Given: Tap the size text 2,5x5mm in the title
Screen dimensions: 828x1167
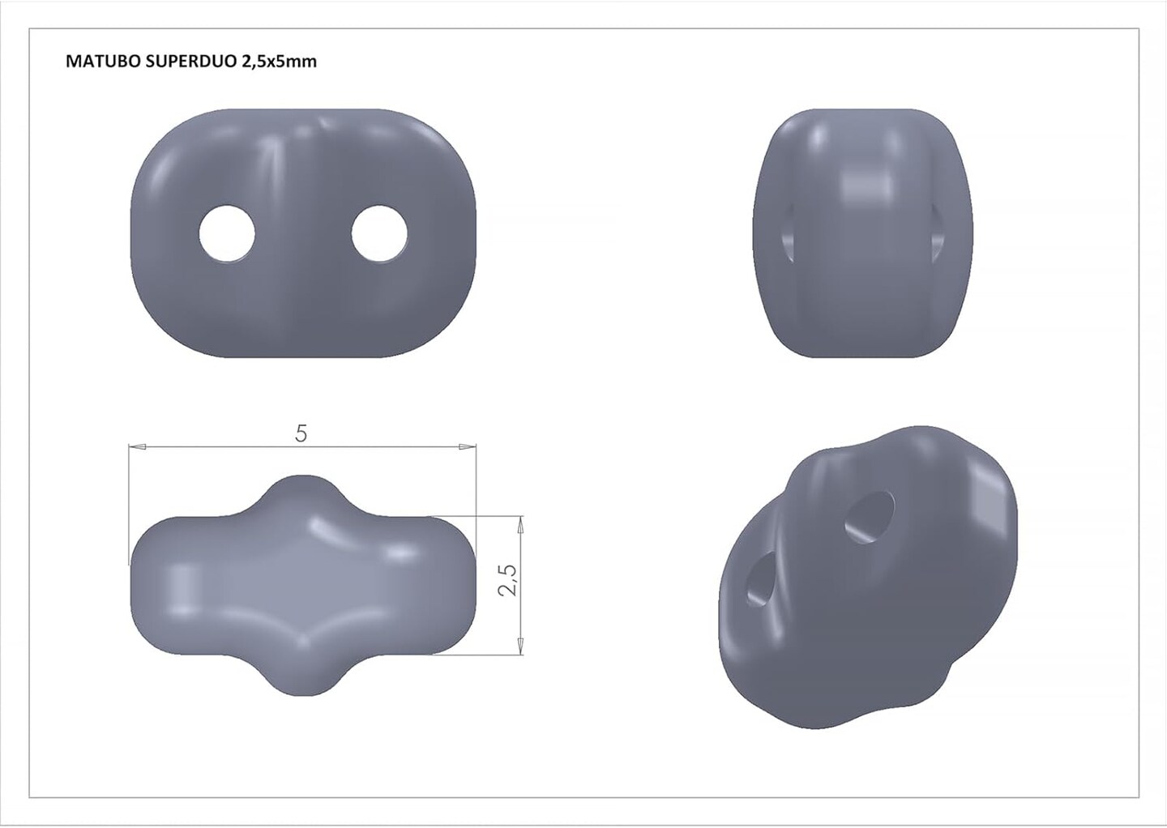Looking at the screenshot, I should click(278, 62).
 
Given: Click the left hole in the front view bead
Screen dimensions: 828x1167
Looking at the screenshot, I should click(227, 233).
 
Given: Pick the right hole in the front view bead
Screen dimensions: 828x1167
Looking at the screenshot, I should click(379, 233).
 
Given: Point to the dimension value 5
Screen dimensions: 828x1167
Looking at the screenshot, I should click(301, 434).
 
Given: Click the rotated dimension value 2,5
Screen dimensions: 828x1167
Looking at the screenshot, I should click(508, 579).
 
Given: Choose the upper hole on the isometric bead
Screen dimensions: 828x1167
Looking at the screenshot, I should click(870, 517).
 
